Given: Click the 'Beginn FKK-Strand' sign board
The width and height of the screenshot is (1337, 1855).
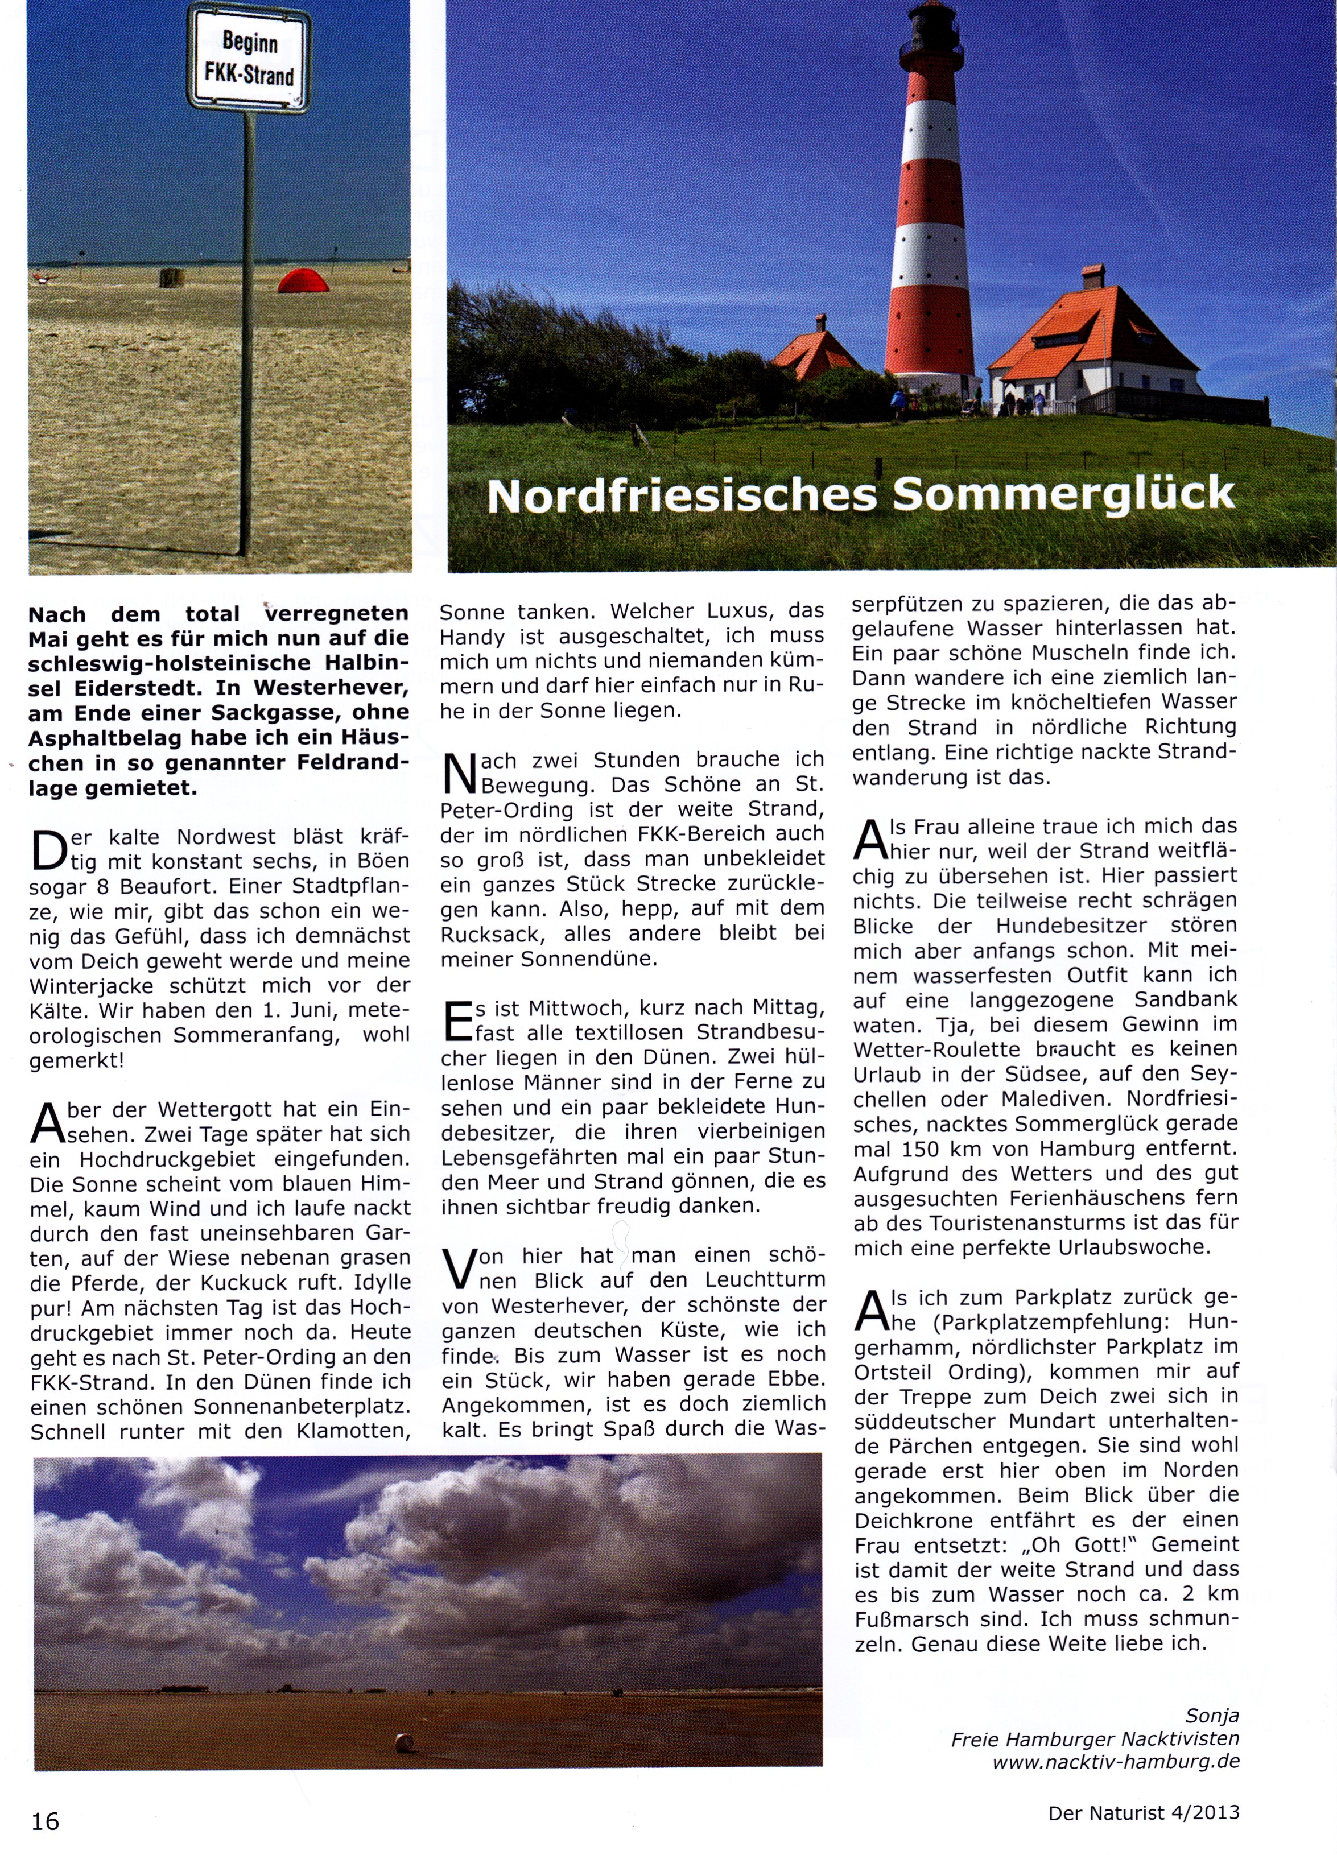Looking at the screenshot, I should click(x=249, y=59).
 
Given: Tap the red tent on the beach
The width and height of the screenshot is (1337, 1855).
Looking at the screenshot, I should click(x=303, y=282).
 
